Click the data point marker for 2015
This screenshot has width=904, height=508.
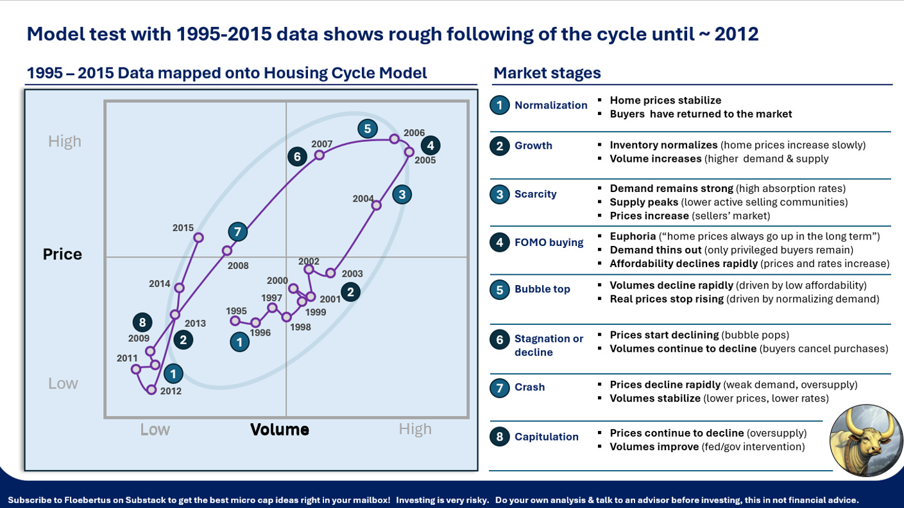[x=198, y=238]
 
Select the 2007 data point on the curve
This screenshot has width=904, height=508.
[x=320, y=155]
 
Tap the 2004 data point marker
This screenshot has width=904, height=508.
[x=377, y=205]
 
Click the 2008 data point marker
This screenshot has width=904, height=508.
[x=227, y=250]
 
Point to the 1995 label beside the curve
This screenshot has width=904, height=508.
[x=236, y=311]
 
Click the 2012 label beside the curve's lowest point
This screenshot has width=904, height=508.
[x=171, y=391]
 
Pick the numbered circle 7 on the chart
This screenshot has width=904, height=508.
[x=237, y=232]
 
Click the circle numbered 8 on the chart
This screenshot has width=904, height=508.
[x=142, y=322]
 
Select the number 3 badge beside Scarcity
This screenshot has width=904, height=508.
[x=500, y=194]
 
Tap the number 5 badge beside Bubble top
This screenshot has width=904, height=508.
[x=500, y=289]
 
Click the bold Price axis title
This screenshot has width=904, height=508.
[x=62, y=254]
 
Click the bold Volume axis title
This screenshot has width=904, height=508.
[x=280, y=430]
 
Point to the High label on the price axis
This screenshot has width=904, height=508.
[x=65, y=141]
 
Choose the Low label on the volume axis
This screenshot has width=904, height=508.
[x=155, y=430]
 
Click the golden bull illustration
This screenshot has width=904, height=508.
[x=866, y=440]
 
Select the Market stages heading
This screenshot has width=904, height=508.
[x=547, y=73]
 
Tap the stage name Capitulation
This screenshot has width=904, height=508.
[x=547, y=437]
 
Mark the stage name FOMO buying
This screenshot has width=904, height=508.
[x=549, y=242]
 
